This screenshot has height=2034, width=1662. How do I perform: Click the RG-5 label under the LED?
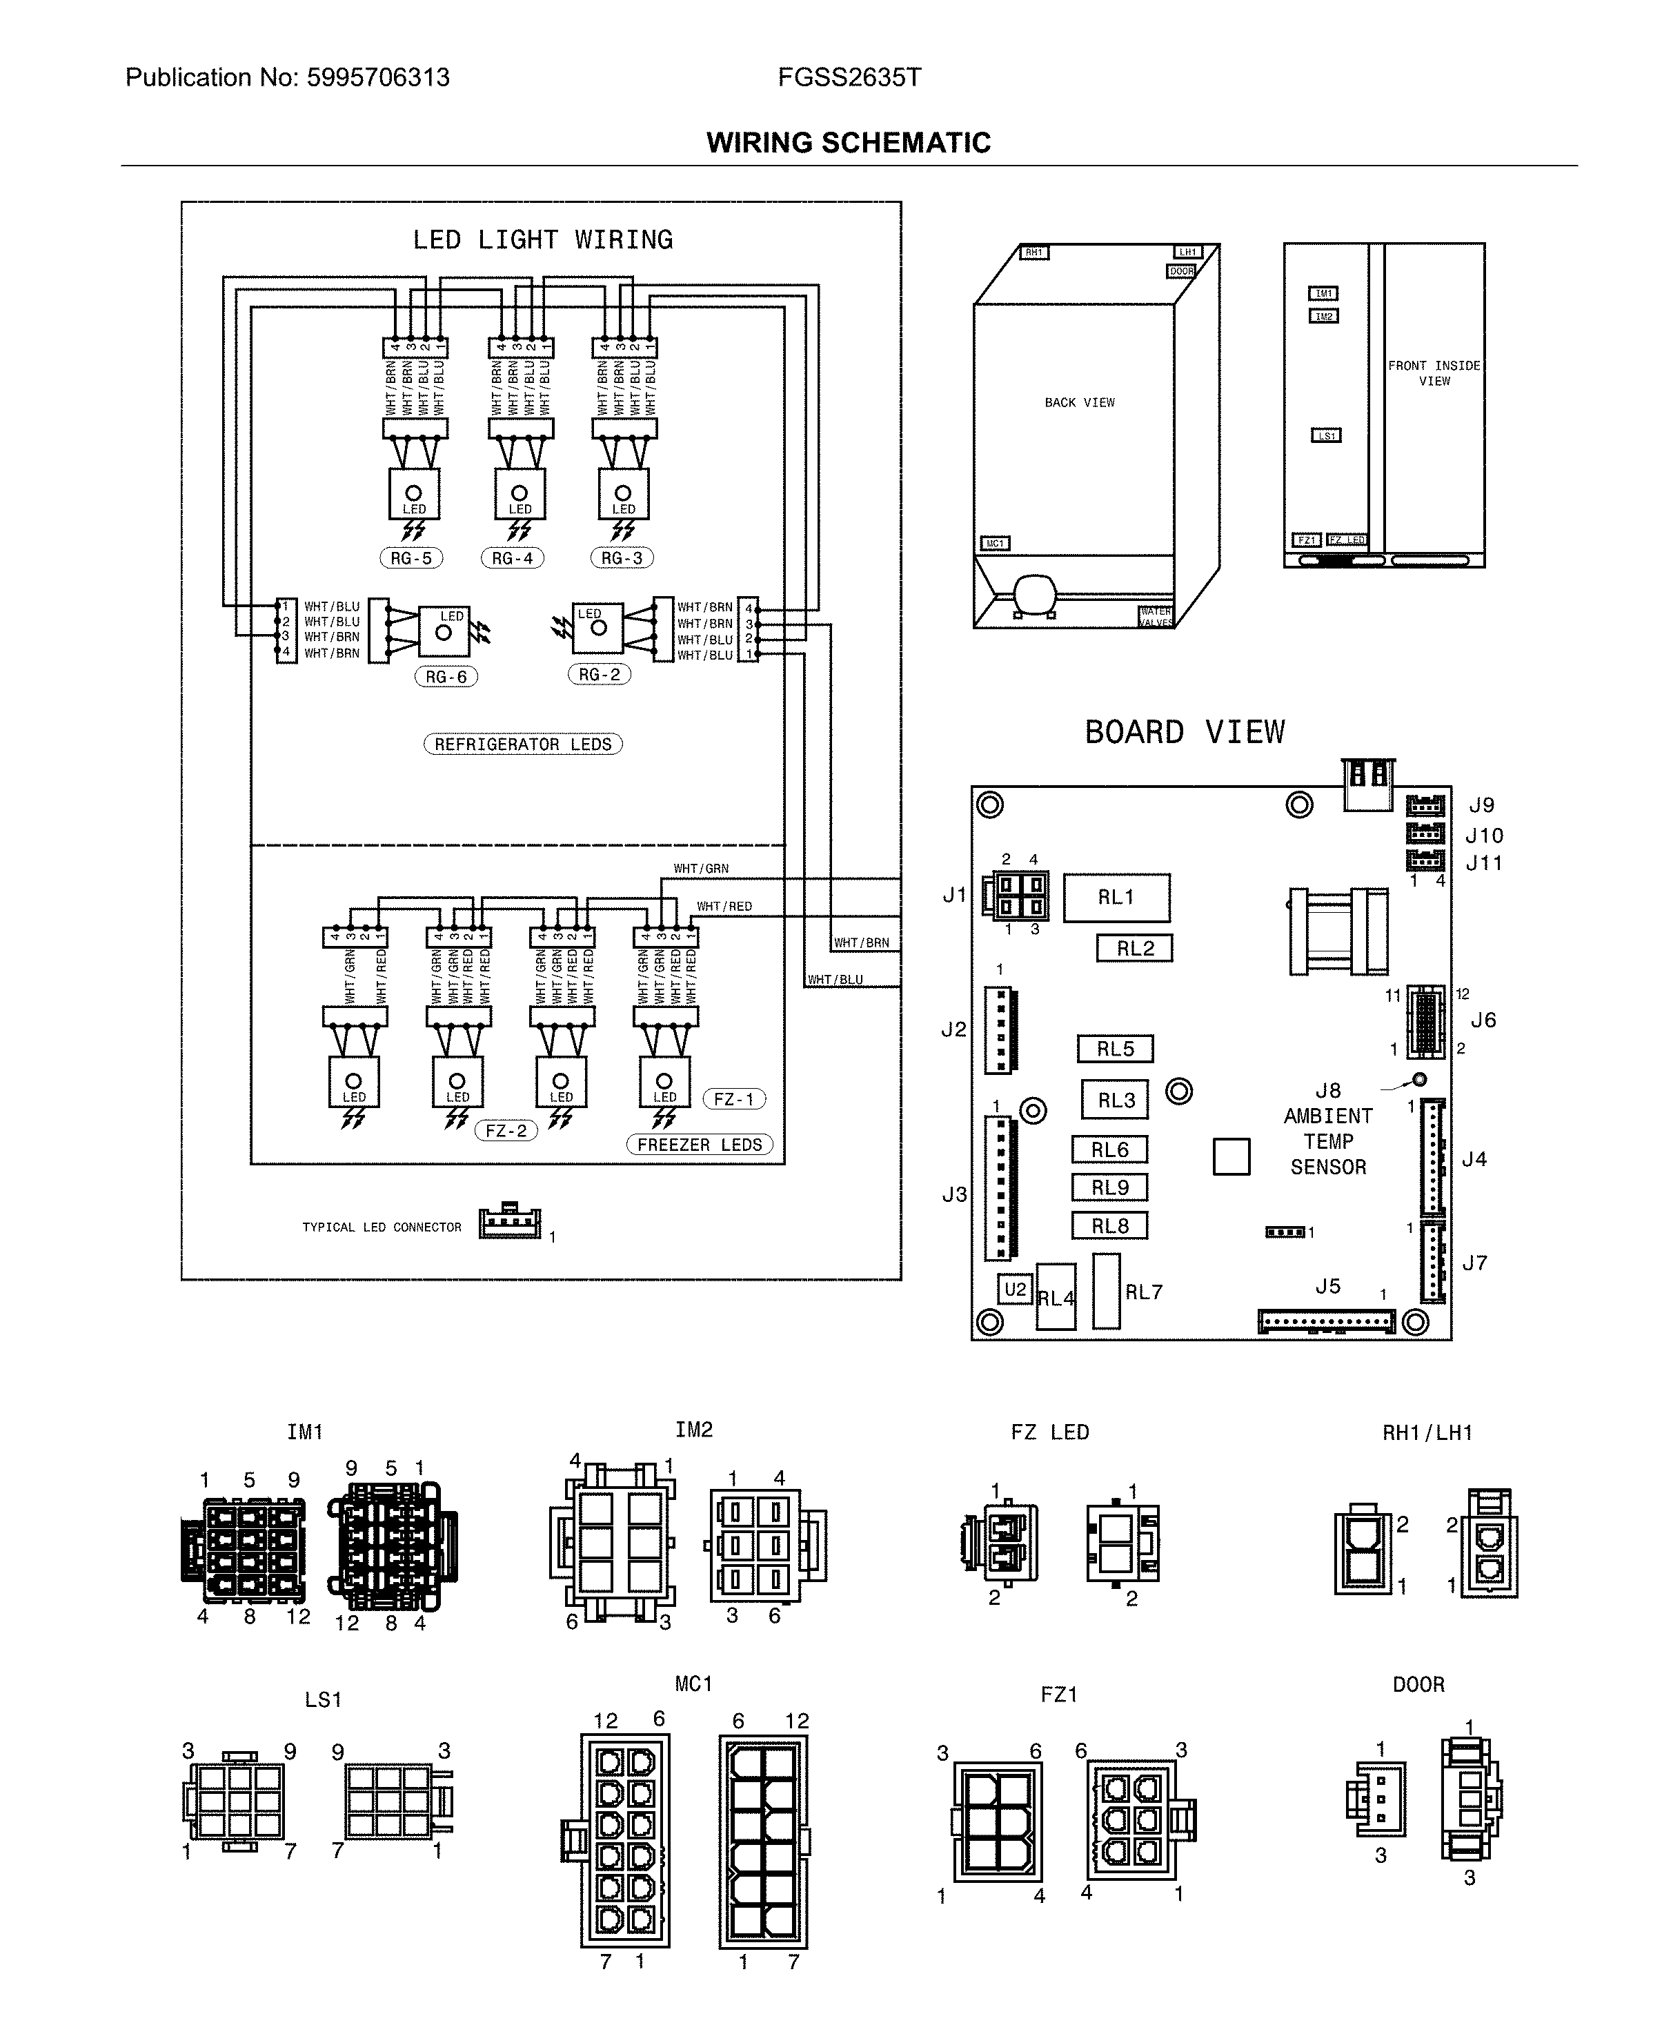coord(410,558)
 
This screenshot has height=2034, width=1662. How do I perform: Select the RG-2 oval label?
coord(600,675)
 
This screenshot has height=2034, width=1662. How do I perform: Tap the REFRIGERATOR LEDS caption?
coord(523,744)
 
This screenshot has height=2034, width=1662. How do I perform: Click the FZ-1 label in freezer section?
coord(734,1099)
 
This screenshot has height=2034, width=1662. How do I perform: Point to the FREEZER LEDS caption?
coord(700,1145)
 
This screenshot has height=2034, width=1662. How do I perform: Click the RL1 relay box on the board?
coord(1116,898)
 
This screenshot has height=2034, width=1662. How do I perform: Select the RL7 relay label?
coord(1143,1292)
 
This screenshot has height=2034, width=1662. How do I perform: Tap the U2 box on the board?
coord(1015,1290)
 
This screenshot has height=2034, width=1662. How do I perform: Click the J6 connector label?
coord(1483,1020)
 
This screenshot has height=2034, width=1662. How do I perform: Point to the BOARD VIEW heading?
coord(1185,732)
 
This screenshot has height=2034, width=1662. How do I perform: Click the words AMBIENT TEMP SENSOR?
coord(1328,1141)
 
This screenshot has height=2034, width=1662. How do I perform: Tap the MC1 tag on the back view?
coord(996,544)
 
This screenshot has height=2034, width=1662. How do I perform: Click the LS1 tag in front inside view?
coord(1326,435)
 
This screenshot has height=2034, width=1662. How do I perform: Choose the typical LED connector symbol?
coord(509,1223)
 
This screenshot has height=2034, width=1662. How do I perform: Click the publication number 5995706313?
coord(377,77)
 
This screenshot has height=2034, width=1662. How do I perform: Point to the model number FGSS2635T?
coord(849,77)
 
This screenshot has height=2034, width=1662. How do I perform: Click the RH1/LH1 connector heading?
coord(1427,1433)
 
